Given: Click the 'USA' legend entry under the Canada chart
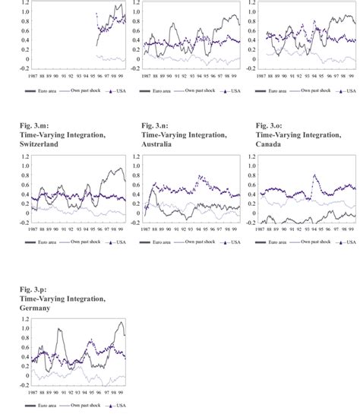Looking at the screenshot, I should [x=346, y=242].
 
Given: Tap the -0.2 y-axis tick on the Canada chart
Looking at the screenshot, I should [x=251, y=223].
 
